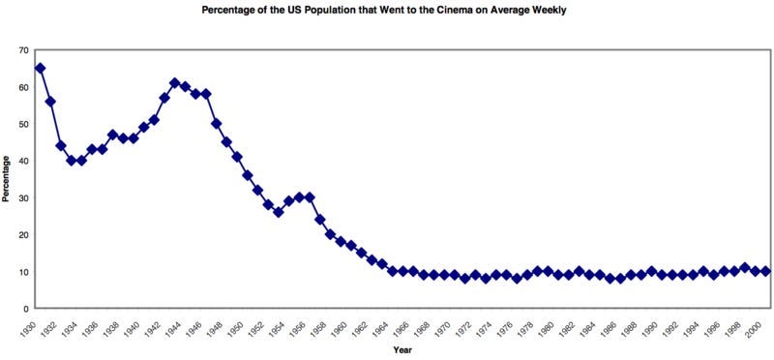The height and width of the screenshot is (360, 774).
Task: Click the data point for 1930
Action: pos(40,69)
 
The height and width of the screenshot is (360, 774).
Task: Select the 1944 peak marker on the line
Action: pos(174,83)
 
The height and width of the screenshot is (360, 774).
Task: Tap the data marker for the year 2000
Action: pos(765,271)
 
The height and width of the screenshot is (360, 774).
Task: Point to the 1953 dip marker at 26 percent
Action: pos(279,212)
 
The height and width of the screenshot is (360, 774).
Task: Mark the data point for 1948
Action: pos(217,124)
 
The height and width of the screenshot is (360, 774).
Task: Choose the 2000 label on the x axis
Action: pos(764,328)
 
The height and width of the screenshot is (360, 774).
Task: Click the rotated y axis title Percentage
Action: pos(7,180)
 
